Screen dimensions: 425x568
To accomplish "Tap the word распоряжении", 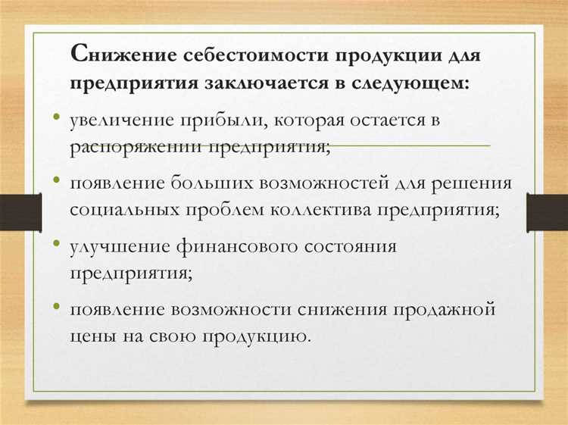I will pyautogui.click(x=133, y=145).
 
